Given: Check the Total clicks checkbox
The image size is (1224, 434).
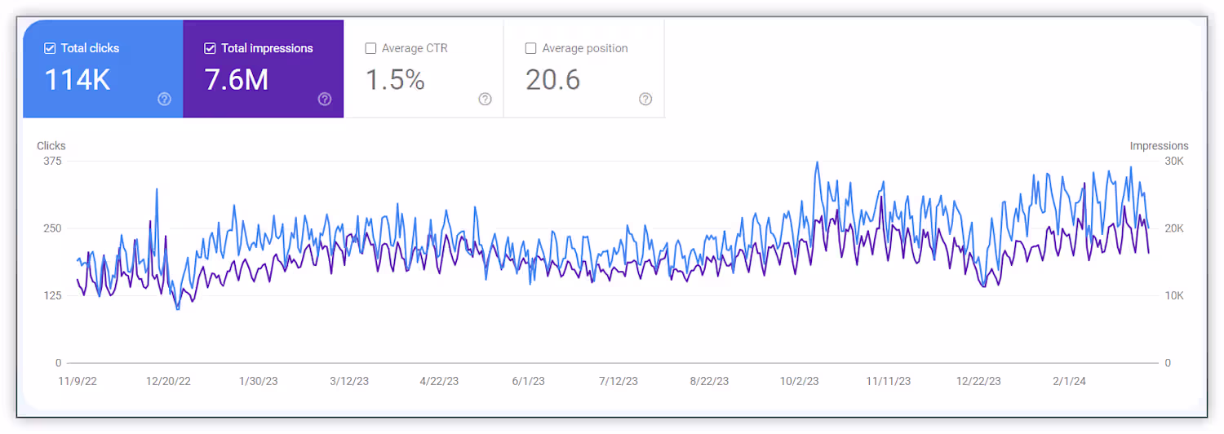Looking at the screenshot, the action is [50, 48].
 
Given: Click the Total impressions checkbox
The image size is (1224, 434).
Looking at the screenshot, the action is [210, 48].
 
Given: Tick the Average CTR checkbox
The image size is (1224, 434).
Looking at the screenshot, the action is [370, 48].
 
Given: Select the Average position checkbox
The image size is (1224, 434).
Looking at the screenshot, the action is [530, 48].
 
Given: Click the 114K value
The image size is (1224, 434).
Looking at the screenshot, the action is [78, 80].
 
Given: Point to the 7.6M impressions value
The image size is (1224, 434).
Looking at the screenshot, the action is [237, 80].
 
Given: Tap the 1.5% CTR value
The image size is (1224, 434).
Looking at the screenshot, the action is [395, 80].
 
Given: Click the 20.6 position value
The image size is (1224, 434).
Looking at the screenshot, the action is [552, 80].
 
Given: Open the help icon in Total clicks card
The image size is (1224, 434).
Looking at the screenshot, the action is [165, 99].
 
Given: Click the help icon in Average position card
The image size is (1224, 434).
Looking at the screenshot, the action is [645, 99].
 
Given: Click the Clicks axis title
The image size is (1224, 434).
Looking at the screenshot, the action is [51, 146].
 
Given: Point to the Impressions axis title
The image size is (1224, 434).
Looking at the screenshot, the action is [1159, 146].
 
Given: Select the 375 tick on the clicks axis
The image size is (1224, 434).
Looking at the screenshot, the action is [52, 162].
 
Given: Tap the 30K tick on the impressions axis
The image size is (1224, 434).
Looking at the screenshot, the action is [1174, 162].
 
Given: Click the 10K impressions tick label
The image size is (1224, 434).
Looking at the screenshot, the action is [1174, 295].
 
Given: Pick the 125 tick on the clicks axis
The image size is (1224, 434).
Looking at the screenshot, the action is [52, 295].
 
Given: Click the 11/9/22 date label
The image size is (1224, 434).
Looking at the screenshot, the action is [78, 382].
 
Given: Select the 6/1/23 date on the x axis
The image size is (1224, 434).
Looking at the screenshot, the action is [529, 382].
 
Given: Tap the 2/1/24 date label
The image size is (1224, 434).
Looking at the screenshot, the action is [1069, 382].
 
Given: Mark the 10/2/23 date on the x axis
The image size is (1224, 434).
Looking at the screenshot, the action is [799, 382].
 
